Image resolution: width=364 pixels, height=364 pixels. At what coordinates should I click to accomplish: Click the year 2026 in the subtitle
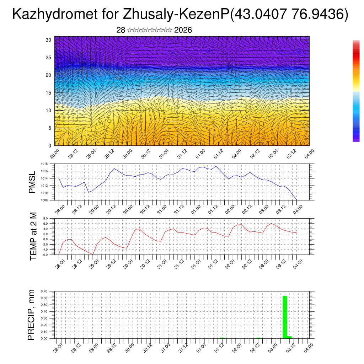[x=183, y=30]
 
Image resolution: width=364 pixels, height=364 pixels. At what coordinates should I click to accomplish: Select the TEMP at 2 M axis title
[x=33, y=236]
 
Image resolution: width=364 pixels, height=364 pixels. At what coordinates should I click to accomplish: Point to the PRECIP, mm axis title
[x=31, y=314]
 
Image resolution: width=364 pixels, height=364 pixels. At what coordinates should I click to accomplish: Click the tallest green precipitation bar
[x=285, y=316]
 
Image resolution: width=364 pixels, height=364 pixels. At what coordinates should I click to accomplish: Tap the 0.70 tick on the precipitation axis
[x=44, y=291]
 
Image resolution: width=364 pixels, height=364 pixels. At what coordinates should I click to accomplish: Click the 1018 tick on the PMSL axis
[x=44, y=164]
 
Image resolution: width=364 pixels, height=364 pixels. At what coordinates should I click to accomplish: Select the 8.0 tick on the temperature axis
[x=45, y=219]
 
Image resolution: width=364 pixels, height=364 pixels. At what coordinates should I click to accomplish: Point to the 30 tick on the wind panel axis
[x=49, y=40]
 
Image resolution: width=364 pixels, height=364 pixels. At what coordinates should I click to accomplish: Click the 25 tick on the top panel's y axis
[x=49, y=58]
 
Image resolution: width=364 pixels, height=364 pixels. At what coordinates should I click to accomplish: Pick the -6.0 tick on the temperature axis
[x=45, y=255]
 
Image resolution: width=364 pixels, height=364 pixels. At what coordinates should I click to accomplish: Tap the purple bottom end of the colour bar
[x=356, y=140]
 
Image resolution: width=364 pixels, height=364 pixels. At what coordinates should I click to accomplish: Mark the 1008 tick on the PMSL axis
[x=44, y=200]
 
